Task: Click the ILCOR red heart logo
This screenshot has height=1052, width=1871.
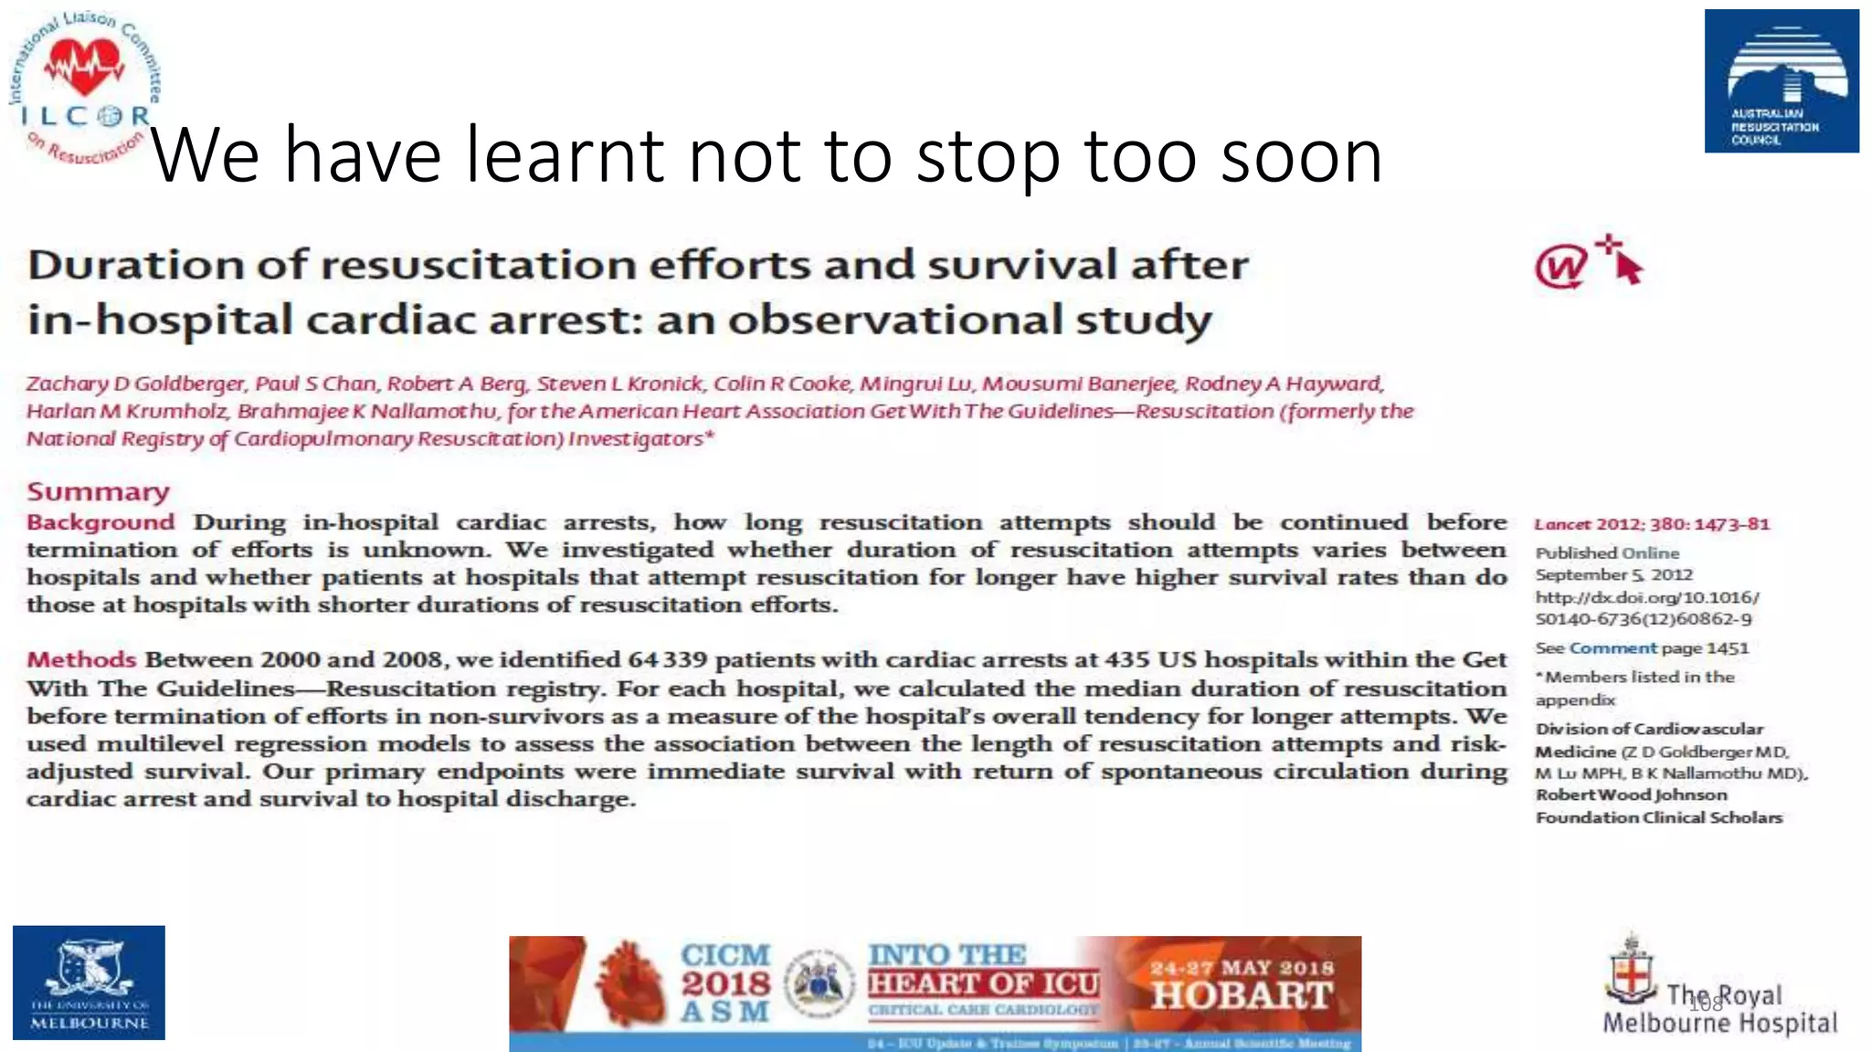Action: click(x=85, y=68)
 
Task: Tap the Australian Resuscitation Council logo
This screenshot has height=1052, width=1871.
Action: click(x=1781, y=80)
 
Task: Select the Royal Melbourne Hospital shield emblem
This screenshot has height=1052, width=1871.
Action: click(x=1631, y=973)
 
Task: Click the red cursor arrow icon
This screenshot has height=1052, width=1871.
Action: click(x=1624, y=263)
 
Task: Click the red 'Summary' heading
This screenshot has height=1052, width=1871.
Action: click(x=98, y=492)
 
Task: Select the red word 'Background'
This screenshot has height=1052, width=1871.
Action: click(x=100, y=522)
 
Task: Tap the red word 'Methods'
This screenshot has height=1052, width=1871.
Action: click(x=81, y=659)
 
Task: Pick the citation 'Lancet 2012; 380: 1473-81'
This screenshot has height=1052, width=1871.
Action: click(x=1652, y=524)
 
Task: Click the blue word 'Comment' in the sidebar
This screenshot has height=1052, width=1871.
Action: click(x=1612, y=648)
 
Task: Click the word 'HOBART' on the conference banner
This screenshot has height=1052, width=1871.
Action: click(x=1242, y=995)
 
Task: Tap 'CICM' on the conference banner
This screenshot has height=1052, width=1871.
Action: click(x=724, y=955)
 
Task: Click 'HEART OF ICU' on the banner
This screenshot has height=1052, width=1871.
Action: click(x=983, y=984)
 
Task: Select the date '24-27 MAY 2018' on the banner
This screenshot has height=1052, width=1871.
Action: click(x=1242, y=967)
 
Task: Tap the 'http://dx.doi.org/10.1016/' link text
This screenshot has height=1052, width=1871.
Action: click(x=1646, y=597)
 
